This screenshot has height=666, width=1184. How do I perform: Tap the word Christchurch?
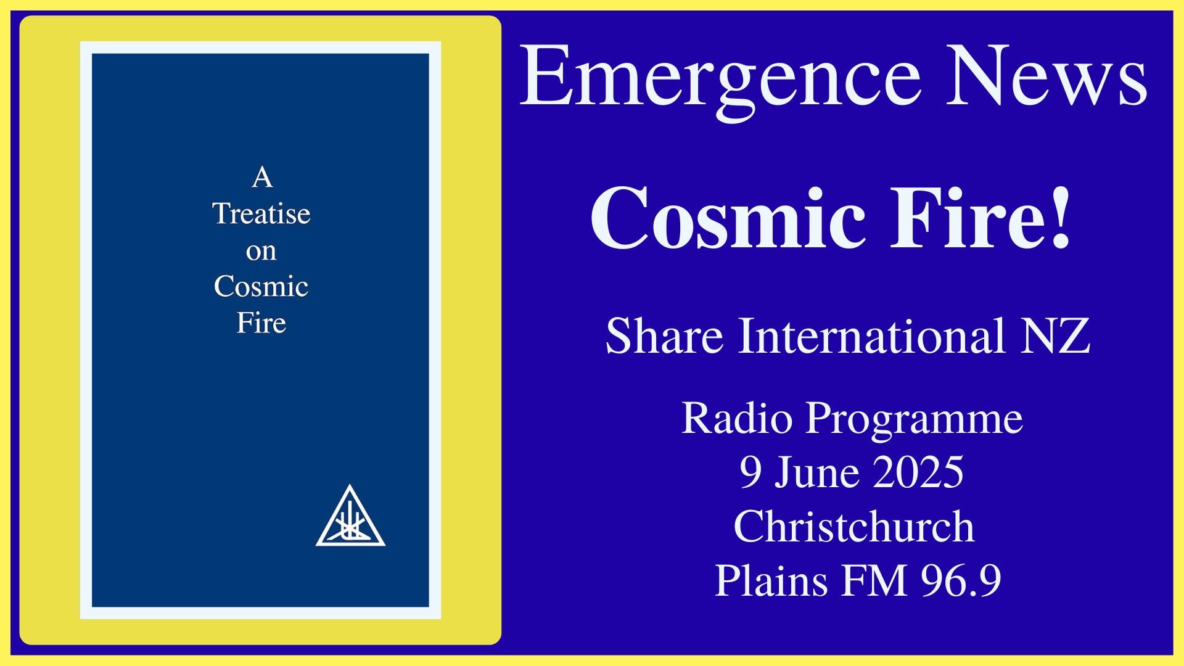[x=854, y=527]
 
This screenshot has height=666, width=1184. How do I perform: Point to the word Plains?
[x=771, y=581]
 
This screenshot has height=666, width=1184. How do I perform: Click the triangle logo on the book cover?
[x=350, y=516]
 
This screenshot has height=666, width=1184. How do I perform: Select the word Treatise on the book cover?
[x=261, y=214]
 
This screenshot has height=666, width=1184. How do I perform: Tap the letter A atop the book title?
[x=262, y=178]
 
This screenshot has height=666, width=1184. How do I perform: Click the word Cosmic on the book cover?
[x=261, y=286]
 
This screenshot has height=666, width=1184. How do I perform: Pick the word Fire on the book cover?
[x=261, y=323]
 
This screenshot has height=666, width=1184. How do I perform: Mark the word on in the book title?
[x=261, y=252]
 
